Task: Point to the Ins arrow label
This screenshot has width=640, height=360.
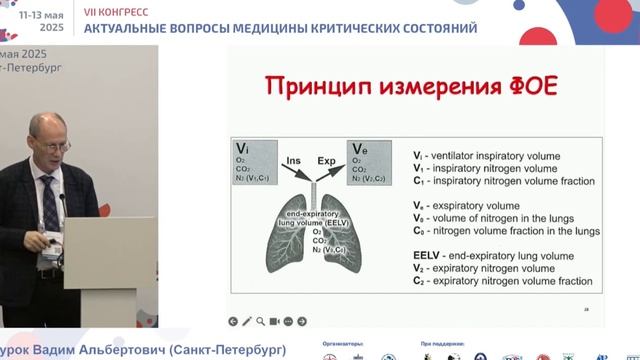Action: (x=293, y=160)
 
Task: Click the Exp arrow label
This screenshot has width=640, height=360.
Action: (x=327, y=160)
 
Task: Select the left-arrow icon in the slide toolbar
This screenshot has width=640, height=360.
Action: (x=233, y=321)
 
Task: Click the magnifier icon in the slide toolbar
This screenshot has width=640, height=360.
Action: (x=260, y=321)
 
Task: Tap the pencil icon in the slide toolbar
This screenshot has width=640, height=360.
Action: (x=246, y=321)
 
